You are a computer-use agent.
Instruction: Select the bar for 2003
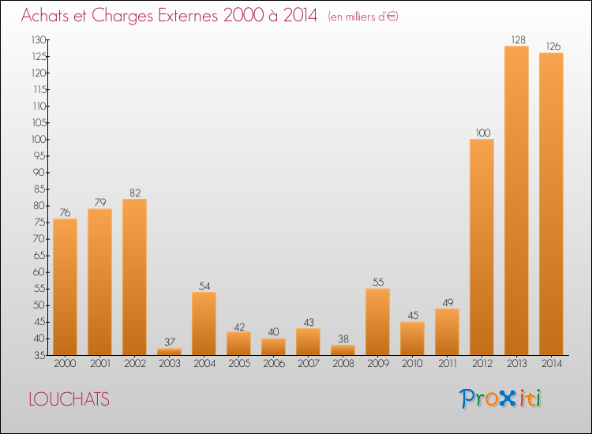click(x=169, y=352)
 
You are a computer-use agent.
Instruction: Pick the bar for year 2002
click(x=134, y=277)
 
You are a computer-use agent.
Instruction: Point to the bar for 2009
click(x=377, y=322)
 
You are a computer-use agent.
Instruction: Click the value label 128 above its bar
click(x=516, y=39)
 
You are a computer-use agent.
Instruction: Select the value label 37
click(x=169, y=342)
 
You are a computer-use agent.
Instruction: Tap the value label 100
click(x=481, y=132)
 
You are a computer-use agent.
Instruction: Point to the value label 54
click(x=204, y=285)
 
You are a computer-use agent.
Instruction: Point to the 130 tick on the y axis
click(x=37, y=39)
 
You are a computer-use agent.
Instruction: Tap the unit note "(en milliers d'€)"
click(x=362, y=17)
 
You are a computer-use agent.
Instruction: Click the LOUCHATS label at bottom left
click(x=69, y=399)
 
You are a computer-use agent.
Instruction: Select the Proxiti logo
click(x=500, y=398)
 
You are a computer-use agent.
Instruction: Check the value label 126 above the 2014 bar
click(x=551, y=45)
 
